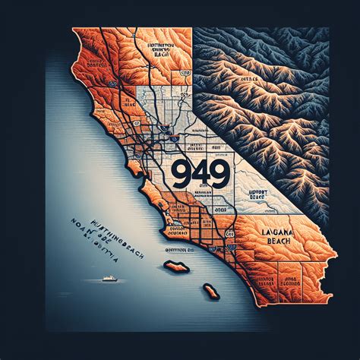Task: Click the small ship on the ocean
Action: pos(110,279)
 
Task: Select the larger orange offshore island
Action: pos(176,267)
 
